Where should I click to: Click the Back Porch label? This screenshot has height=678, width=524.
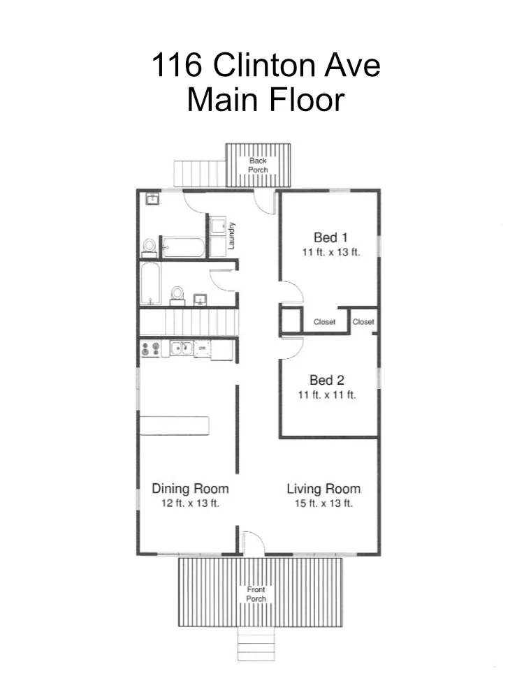tap(258, 165)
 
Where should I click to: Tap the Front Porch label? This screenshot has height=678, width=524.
tap(256, 594)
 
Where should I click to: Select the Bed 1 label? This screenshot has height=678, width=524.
tap(330, 237)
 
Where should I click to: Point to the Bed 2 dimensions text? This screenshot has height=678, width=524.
tap(327, 395)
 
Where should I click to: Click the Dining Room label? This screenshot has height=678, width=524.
tap(191, 489)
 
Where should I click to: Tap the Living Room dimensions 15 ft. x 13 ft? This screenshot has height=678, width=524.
tap(323, 503)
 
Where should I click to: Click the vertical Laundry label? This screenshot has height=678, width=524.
tap(231, 235)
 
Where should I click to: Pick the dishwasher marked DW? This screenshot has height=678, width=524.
tap(202, 348)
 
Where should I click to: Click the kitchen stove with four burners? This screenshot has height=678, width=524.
tap(151, 349)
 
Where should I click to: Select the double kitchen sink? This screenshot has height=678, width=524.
tap(181, 348)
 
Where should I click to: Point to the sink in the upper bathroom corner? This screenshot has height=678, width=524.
tap(153, 199)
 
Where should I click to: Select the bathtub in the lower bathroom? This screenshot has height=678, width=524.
tap(151, 283)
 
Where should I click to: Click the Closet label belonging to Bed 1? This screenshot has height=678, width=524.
tap(324, 322)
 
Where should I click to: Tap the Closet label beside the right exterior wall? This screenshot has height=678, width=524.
tap(363, 322)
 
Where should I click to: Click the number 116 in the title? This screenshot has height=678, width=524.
tap(177, 65)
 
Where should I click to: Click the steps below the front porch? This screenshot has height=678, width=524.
tap(256, 644)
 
